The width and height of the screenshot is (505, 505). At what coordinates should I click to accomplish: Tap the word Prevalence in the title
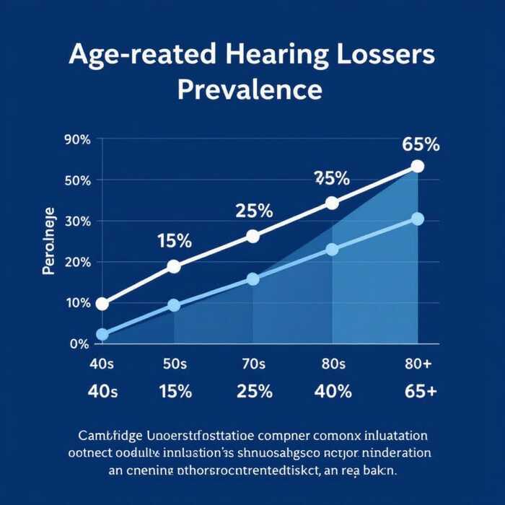tap(249, 91)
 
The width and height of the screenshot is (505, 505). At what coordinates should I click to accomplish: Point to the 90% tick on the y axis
tap(77, 140)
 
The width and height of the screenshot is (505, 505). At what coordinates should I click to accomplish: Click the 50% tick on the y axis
tap(77, 180)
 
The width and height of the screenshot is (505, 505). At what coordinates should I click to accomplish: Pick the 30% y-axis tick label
tap(77, 221)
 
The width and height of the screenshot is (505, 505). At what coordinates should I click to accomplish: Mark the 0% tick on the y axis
tap(79, 343)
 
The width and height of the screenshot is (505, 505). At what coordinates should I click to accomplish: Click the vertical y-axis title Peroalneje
tap(49, 242)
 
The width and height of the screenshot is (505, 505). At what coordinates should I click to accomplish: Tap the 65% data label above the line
tap(421, 144)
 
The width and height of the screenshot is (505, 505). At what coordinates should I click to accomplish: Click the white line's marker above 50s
tap(174, 266)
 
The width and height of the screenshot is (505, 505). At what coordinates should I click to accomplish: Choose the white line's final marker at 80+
tap(417, 167)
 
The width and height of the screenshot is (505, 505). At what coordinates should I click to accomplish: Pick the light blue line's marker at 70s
tap(252, 278)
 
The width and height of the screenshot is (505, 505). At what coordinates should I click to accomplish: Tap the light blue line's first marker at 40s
tap(102, 334)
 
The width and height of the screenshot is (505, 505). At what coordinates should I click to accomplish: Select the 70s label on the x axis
tap(253, 364)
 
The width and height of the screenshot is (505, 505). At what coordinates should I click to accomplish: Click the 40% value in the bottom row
tap(333, 392)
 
